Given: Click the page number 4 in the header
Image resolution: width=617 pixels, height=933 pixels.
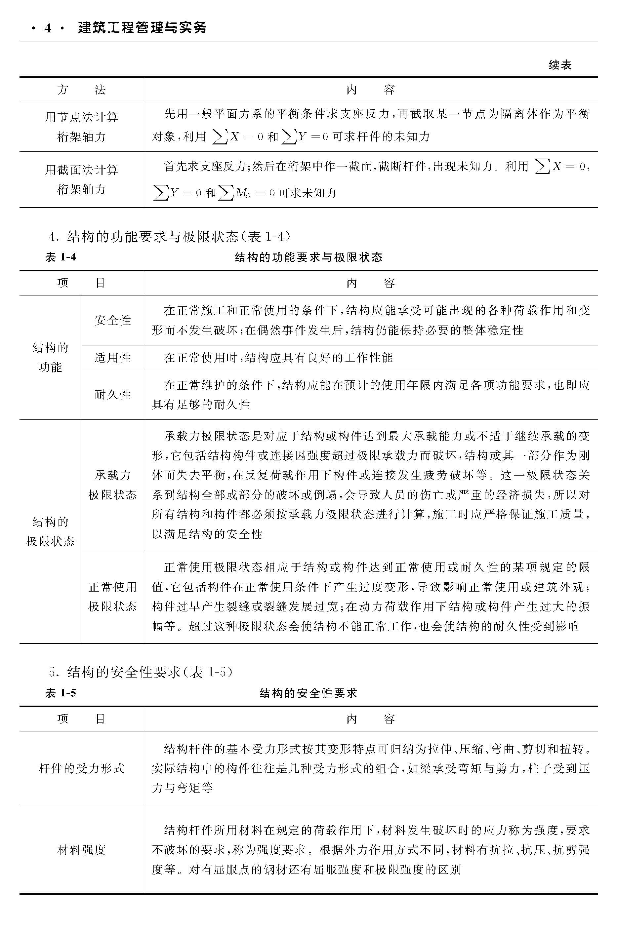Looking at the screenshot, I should (48, 28).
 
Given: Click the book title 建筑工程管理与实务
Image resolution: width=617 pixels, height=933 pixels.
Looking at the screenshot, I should (142, 27).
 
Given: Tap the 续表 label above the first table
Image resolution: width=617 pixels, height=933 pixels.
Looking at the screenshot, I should (560, 65).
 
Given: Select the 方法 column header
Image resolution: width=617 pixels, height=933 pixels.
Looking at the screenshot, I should (81, 90).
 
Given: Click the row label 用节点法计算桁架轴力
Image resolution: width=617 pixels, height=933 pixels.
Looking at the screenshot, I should (81, 127).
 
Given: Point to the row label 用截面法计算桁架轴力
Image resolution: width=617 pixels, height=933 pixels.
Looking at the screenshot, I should (81, 179).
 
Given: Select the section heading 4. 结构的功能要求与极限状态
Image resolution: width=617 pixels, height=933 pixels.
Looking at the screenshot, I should (170, 236).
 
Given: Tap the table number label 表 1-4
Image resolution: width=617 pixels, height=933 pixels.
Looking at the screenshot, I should (61, 257).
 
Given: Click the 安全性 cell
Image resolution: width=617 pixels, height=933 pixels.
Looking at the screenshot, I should (112, 320).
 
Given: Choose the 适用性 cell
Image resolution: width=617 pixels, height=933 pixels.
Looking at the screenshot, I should (112, 358).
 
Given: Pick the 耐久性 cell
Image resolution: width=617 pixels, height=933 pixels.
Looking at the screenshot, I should (112, 395).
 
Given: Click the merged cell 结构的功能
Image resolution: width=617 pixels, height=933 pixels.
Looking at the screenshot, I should (50, 357).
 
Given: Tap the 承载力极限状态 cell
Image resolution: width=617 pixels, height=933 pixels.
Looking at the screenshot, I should (112, 485).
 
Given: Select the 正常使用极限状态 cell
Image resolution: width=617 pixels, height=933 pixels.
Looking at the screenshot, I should (112, 596).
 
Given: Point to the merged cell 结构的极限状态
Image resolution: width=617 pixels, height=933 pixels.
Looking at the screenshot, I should (50, 531).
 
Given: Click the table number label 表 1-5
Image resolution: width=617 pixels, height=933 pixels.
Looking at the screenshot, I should (61, 693).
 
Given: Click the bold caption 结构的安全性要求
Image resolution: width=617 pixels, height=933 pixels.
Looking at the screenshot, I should (308, 693).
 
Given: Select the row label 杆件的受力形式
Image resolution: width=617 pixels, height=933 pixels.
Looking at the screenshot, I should (81, 768).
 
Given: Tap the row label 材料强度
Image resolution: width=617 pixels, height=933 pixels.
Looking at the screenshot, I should (81, 850).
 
